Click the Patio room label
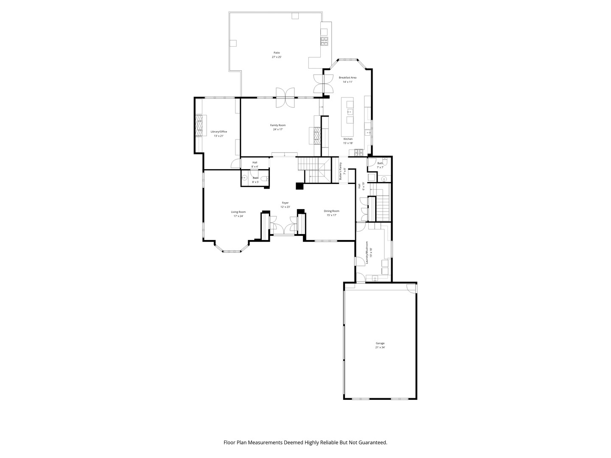[x=277, y=53]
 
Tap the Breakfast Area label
[x=347, y=78]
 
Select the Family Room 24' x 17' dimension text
[x=278, y=129]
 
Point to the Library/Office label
[x=219, y=131]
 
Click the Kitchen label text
[x=348, y=139]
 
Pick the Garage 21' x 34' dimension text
[x=380, y=347]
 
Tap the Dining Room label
[x=331, y=211]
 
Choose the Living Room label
[x=238, y=212]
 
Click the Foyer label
[x=285, y=203]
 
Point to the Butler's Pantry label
[x=340, y=171]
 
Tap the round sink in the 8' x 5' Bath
[x=245, y=179]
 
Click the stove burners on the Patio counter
[x=324, y=41]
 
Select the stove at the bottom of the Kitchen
[x=357, y=151]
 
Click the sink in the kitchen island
[x=350, y=112]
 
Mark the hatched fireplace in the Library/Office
[x=199, y=126]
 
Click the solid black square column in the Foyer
[x=300, y=186]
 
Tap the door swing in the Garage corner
[x=411, y=288]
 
